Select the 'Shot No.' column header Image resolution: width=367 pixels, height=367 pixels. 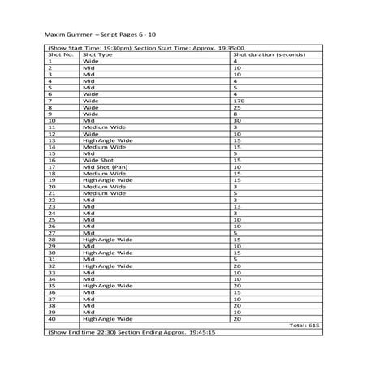[x=61, y=54]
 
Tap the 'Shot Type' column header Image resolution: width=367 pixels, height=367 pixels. [x=99, y=54]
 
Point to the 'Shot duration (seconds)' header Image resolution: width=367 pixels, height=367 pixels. [x=269, y=54]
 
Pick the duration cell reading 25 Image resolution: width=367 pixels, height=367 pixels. [x=237, y=106]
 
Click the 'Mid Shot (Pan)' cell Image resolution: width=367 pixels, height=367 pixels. [x=106, y=166]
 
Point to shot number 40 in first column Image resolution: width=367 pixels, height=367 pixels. [x=52, y=319]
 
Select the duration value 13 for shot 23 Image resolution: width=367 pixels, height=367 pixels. [x=237, y=206]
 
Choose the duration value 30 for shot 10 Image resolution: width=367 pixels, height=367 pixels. [x=237, y=120]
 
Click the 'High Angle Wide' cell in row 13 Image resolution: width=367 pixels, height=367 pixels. [x=108, y=140]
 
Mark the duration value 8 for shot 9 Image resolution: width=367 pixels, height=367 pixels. [x=235, y=114]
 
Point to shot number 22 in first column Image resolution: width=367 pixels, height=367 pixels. [x=52, y=200]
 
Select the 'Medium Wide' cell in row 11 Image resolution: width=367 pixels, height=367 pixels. [x=105, y=127]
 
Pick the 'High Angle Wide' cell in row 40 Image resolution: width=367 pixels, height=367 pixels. [x=108, y=319]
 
